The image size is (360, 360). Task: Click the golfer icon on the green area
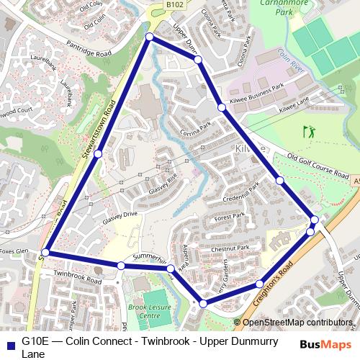coord(310,132)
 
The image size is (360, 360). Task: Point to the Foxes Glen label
coord(14,252)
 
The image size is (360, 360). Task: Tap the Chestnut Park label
coord(230,248)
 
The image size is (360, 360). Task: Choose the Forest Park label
coord(230,216)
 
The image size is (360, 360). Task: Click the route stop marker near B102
coord(149,37)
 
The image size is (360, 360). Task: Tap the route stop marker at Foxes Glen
coord(45,253)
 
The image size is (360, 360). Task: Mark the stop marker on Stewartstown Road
coord(98,153)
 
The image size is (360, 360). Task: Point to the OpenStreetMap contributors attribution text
coord(297,323)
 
